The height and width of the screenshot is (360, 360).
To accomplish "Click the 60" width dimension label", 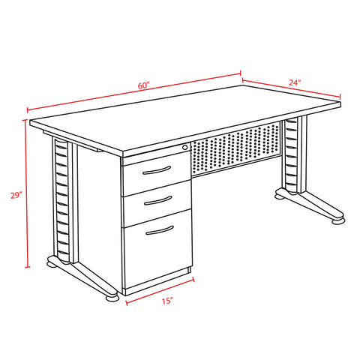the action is [143, 85].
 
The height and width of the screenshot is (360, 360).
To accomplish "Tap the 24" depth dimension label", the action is [295, 82].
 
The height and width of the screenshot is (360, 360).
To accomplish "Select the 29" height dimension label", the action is [16, 195].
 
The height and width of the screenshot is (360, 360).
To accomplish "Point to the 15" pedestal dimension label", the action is [167, 301].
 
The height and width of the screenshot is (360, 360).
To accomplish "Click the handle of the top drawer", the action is [157, 170].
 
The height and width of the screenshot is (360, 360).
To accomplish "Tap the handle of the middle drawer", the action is [158, 201].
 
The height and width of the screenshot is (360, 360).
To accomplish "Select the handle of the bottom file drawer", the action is [160, 230].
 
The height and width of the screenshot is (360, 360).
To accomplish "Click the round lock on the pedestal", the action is [184, 147].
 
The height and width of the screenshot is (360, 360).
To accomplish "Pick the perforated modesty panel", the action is [235, 149].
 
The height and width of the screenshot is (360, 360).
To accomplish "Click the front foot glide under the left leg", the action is [112, 298].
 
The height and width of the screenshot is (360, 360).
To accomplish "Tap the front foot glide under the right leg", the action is [338, 221].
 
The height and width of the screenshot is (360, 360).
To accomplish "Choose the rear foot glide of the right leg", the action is [280, 196].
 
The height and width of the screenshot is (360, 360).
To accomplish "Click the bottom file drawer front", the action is [157, 249].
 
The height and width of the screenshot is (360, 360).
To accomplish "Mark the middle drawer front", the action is [157, 203].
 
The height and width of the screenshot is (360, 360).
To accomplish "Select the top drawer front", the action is [156, 173].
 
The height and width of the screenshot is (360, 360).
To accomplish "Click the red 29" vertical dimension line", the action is [26, 193].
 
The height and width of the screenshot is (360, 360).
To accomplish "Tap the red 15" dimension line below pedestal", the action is [160, 291].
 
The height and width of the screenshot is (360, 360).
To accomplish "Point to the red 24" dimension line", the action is [292, 88].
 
